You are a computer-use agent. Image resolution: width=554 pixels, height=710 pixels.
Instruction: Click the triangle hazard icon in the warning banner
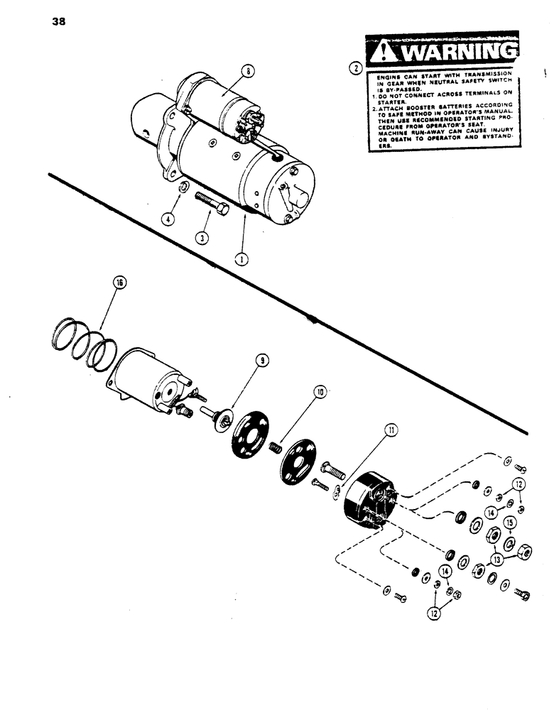tap(384, 52)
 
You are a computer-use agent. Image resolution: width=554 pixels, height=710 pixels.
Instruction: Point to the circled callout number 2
tap(355, 69)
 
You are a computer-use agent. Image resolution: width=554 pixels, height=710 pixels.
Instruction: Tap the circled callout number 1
tap(243, 260)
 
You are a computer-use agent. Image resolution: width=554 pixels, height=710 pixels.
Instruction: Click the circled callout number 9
tap(263, 361)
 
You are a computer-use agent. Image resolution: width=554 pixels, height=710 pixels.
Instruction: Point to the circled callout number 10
tap(320, 391)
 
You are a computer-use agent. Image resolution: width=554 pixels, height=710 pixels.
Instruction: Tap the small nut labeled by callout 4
tap(183, 187)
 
